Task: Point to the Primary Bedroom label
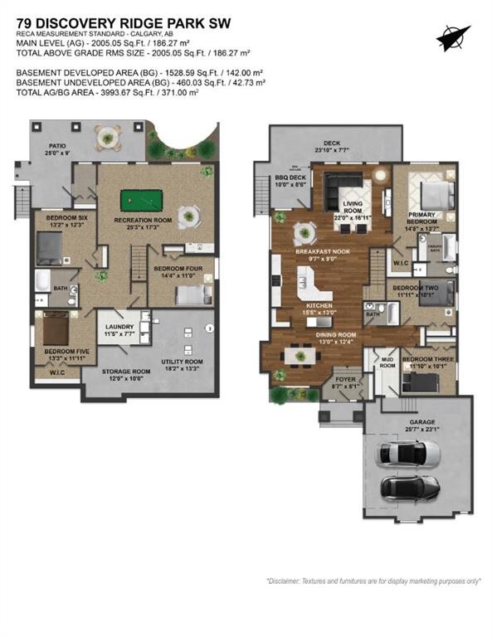(423, 217)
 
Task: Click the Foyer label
(343, 380)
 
